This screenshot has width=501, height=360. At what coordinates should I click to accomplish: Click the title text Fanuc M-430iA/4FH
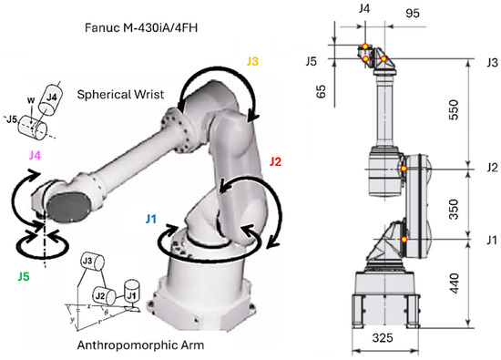click(x=141, y=28)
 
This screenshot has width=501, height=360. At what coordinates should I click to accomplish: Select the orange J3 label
click(x=252, y=61)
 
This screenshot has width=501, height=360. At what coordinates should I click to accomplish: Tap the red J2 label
click(x=275, y=161)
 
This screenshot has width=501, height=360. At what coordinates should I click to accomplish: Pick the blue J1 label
click(x=151, y=219)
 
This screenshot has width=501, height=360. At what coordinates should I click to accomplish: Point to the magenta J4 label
click(x=36, y=155)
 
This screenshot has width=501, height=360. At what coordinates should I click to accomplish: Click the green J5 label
click(x=24, y=276)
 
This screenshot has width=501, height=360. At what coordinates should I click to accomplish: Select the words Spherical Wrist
click(x=120, y=95)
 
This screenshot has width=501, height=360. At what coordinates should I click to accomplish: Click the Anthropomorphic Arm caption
click(x=140, y=345)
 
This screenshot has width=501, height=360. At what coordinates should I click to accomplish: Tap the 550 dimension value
click(x=454, y=109)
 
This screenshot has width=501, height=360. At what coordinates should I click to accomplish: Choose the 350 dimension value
click(x=454, y=210)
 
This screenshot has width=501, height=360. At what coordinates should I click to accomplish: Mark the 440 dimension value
click(x=454, y=283)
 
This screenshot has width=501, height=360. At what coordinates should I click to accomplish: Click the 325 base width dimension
click(x=383, y=337)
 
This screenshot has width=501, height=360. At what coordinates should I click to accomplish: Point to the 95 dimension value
click(x=412, y=13)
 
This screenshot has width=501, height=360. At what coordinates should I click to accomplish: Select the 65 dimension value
click(x=322, y=91)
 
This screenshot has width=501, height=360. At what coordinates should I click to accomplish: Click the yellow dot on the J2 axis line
click(x=404, y=169)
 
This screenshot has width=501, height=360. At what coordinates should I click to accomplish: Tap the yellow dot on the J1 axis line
click(x=404, y=239)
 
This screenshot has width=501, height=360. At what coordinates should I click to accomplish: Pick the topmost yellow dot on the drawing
click(x=365, y=46)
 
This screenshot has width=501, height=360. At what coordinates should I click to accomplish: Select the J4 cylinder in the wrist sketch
click(x=50, y=98)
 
